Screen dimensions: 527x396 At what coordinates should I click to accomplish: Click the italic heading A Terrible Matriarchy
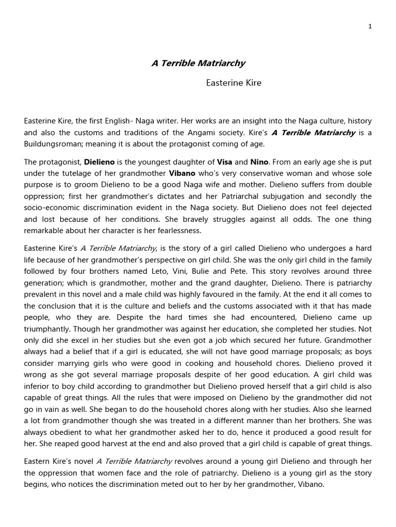pos(198,63)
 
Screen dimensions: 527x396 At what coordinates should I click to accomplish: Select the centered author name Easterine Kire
pos(234,83)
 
